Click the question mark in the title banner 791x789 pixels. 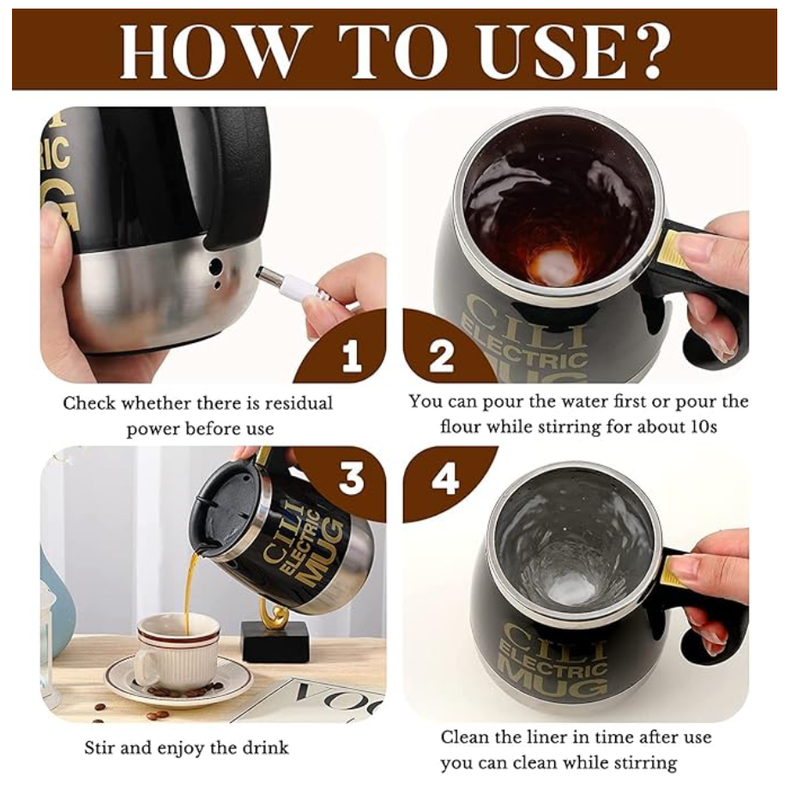coord(646,50)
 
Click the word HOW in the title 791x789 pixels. coord(213,51)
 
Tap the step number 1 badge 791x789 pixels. coord(352,355)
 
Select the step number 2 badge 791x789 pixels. coord(442,355)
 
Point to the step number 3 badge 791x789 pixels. coord(352,478)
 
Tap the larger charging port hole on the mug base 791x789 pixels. coord(216,266)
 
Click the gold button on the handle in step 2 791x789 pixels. coord(670,249)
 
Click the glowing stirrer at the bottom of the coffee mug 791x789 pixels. coord(555,266)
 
